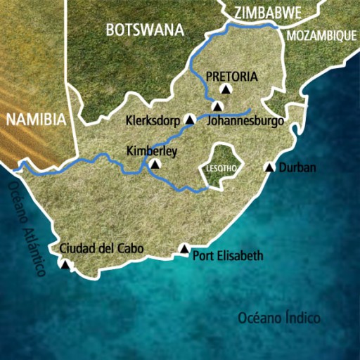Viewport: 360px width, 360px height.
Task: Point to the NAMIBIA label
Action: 36,119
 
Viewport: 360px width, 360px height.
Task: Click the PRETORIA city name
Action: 233,77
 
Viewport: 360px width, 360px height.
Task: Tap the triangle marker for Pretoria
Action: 226,89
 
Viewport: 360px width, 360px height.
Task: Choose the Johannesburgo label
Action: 246,121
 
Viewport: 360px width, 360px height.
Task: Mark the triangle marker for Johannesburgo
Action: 218,107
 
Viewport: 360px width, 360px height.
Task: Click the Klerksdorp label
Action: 154,120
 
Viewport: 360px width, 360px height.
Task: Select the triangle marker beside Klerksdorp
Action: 189,120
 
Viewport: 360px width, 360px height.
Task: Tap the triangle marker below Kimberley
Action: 155,165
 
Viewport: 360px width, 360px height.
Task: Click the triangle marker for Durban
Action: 269,167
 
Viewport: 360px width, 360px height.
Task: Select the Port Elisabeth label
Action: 228,256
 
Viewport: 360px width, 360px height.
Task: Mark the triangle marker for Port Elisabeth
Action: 184,248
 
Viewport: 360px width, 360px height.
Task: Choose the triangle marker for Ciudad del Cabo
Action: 65,264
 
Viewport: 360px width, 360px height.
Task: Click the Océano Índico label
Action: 278,317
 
